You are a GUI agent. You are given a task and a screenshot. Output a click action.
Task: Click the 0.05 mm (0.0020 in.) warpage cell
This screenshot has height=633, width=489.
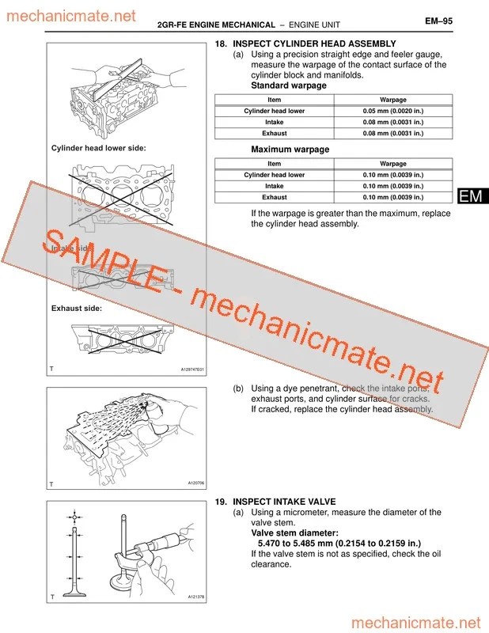[393, 112]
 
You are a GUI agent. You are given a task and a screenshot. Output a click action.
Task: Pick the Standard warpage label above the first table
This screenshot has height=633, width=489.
[289, 85]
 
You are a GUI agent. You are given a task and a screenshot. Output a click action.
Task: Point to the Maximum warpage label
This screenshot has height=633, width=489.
[290, 150]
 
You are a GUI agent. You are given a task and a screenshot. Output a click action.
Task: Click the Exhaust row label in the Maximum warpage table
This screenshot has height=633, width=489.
[275, 197]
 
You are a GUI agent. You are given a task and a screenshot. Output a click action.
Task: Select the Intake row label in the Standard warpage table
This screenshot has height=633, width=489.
[275, 123]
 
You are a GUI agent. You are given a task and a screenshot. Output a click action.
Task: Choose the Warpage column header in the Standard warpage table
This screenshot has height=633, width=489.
[393, 100]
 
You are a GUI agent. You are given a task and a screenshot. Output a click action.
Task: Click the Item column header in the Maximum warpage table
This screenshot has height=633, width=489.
[275, 164]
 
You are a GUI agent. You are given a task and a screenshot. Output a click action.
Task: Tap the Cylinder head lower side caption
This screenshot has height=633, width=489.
[98, 148]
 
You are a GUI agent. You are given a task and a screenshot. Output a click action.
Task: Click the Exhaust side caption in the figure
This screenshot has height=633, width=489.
[77, 308]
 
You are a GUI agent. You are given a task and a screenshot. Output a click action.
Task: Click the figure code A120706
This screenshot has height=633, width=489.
[195, 483]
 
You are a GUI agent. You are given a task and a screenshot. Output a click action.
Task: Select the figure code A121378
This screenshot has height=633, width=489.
[195, 597]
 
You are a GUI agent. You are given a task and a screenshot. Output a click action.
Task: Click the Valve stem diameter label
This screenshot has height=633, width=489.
[294, 533]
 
